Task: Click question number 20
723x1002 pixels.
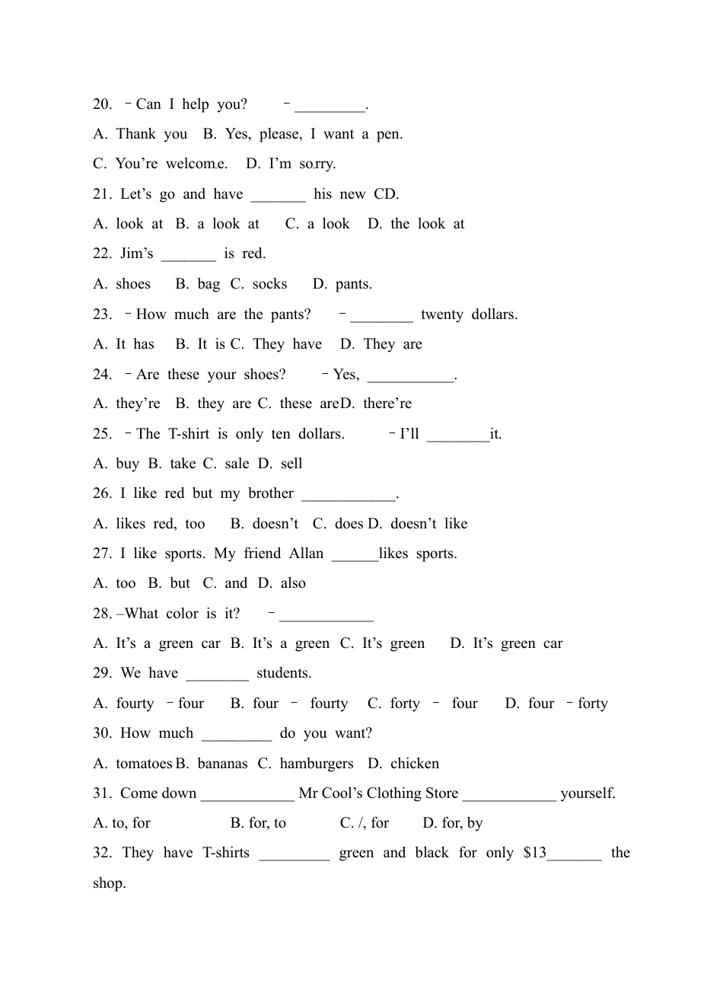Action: click(x=103, y=104)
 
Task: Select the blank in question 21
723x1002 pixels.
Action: click(x=278, y=195)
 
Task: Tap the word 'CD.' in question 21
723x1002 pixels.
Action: click(x=386, y=194)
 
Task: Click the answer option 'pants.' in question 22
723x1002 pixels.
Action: click(x=354, y=284)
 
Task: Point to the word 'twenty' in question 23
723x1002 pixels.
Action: click(x=441, y=314)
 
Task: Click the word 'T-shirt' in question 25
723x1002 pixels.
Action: click(x=188, y=434)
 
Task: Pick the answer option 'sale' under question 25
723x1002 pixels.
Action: click(x=237, y=464)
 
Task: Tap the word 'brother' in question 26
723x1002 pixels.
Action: click(x=270, y=493)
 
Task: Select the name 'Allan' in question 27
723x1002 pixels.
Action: click(x=306, y=554)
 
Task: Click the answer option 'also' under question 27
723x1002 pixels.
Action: click(x=293, y=583)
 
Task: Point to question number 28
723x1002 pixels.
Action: click(x=103, y=614)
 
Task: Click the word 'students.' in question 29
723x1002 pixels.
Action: click(x=284, y=673)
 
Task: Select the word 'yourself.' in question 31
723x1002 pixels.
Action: click(x=588, y=793)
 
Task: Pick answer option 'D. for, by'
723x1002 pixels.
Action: click(x=452, y=823)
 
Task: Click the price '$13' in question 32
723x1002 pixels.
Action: click(x=535, y=853)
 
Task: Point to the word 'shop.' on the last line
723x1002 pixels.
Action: click(x=110, y=883)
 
